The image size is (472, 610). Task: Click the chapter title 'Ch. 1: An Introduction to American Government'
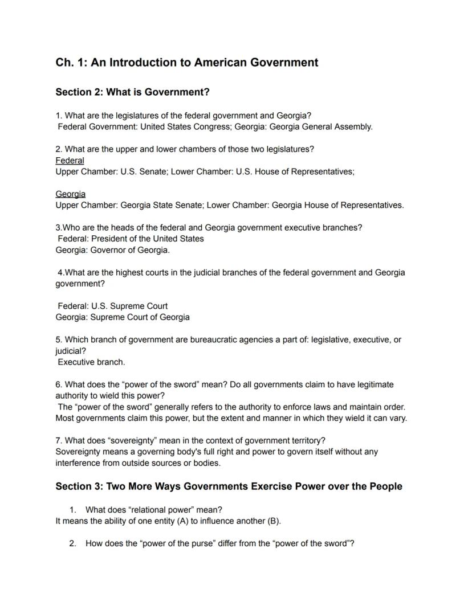tap(186, 63)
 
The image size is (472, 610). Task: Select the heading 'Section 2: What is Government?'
tap(132, 92)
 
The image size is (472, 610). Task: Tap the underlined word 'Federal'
tap(70, 161)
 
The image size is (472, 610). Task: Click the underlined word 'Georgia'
tap(70, 194)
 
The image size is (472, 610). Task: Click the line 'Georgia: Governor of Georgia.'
tap(112, 250)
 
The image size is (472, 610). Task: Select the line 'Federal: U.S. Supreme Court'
tap(112, 306)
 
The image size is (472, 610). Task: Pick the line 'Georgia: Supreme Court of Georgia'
tap(123, 317)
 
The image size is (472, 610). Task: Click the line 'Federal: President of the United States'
tap(131, 239)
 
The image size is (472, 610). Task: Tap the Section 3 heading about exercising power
tap(229, 486)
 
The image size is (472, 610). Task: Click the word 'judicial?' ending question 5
tap(71, 351)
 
